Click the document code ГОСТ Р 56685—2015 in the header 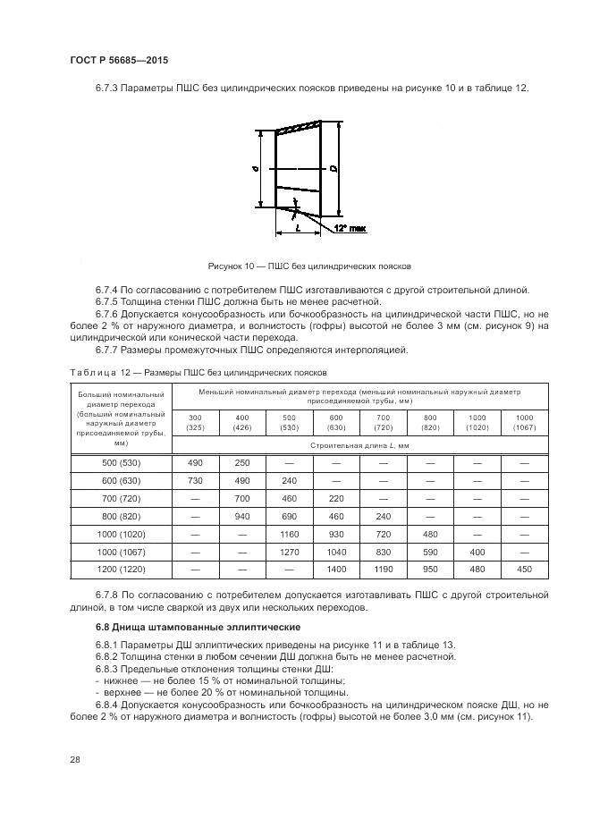coord(118,60)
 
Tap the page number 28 coord(75,759)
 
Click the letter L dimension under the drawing coord(296,229)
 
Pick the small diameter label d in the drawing coord(255,167)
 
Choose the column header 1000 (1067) coord(524,422)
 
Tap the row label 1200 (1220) coord(121,569)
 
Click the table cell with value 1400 coord(336,569)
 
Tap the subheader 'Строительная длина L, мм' coord(359,444)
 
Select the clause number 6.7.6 coord(107,316)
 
